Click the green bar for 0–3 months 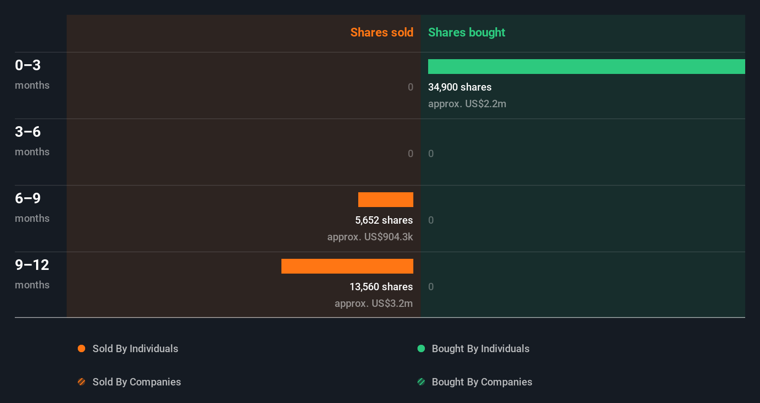point(586,67)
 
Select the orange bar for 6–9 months point(386,200)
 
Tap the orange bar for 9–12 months point(347,266)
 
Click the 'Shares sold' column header point(381,32)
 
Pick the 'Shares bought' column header point(466,32)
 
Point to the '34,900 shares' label point(460,87)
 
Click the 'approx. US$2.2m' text point(467,104)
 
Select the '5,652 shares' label point(384,220)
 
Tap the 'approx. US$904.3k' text point(370,237)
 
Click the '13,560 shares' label point(381,287)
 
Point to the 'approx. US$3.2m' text point(374,303)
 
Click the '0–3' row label point(28,65)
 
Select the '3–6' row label point(28,132)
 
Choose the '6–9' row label point(28,198)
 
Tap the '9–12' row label point(32,265)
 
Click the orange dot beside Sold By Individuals point(81,348)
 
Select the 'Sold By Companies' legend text point(137,382)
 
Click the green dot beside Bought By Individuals point(421,348)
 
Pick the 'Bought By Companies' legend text point(482,382)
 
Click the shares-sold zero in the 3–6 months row point(410,153)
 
